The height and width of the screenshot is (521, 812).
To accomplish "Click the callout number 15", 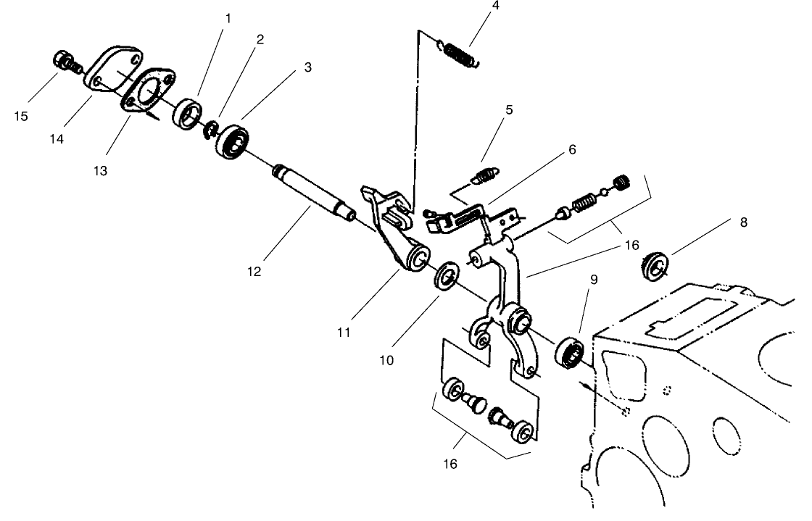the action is [x=21, y=117].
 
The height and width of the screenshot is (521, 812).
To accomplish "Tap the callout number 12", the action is [x=254, y=272].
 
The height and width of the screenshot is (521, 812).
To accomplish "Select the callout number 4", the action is [x=496, y=5].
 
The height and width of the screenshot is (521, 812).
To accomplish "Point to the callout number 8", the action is [x=744, y=222].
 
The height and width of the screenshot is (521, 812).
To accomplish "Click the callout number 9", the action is [x=594, y=280].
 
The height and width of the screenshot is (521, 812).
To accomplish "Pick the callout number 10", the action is [x=386, y=360].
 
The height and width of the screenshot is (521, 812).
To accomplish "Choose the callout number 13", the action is [x=100, y=171].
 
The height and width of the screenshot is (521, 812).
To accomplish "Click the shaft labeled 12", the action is [x=314, y=193].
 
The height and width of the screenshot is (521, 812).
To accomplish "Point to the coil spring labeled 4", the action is [x=459, y=54].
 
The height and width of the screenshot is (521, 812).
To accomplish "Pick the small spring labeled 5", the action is [x=485, y=175].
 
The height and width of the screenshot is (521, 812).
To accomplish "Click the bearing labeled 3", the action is [x=233, y=142].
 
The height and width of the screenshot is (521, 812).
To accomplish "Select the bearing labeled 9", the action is [x=570, y=352].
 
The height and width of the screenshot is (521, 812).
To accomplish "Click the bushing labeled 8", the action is [x=655, y=267].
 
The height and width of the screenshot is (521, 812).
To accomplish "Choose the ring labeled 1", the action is [x=187, y=113].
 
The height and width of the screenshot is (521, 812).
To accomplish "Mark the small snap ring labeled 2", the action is [x=211, y=130].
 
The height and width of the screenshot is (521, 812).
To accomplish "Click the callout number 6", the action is [x=572, y=149].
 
